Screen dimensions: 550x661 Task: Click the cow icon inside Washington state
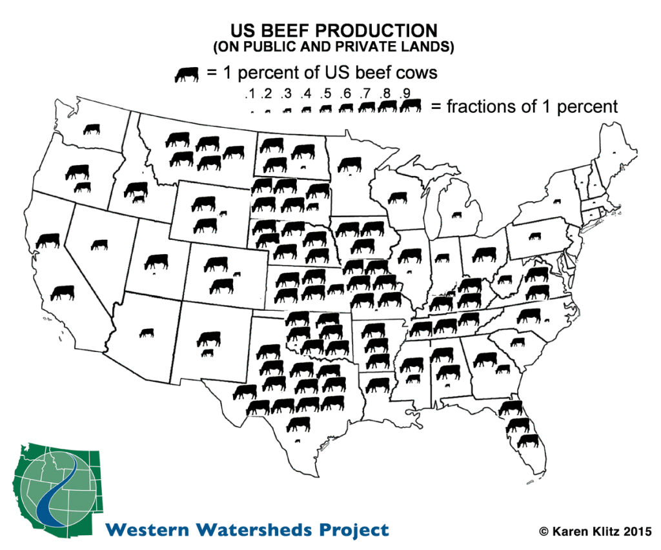pyautogui.click(x=92, y=129)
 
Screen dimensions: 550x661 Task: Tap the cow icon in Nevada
pyautogui.click(x=99, y=244)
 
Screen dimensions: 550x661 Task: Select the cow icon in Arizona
pyautogui.click(x=147, y=333)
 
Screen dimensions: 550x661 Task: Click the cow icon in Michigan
pyautogui.click(x=457, y=214)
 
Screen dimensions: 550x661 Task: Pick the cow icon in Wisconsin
pyautogui.click(x=398, y=197)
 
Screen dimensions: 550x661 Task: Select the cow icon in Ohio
pyautogui.click(x=483, y=254)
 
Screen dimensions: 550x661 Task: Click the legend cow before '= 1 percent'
pyautogui.click(x=187, y=74)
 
